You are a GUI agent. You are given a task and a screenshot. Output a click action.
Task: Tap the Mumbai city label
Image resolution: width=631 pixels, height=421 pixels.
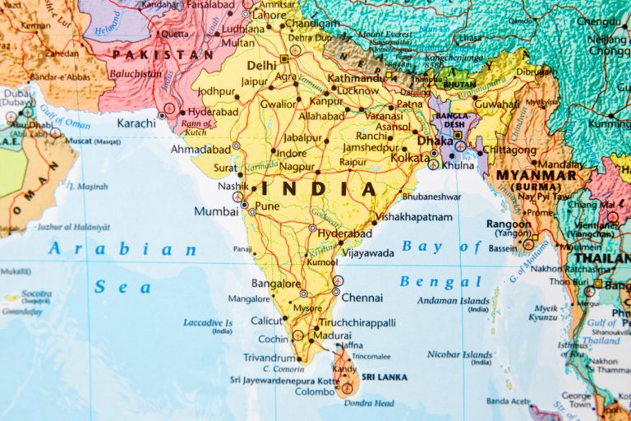pos(216,211)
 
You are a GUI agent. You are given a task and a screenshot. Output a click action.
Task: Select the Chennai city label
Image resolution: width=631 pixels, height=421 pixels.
pos(362,298)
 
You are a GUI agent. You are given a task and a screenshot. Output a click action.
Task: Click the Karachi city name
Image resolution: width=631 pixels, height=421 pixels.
pos(136,123)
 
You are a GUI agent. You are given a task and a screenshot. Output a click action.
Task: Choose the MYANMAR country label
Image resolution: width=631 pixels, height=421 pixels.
pos(536,176)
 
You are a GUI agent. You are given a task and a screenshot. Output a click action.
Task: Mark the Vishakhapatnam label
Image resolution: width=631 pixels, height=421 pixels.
pos(414,217)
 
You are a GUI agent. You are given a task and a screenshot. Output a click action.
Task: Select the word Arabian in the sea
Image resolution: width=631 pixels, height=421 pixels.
pos(122,249)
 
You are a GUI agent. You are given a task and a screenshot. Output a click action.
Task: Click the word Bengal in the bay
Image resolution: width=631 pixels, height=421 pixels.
pos(428,282)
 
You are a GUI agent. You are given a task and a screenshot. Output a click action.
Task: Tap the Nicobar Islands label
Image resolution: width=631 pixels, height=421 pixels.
pos(459,355)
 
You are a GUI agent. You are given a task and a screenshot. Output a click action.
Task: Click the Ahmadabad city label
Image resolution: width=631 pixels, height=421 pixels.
pos(199,150)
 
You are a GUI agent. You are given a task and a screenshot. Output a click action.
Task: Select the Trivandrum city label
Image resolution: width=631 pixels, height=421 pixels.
pos(269,358)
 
